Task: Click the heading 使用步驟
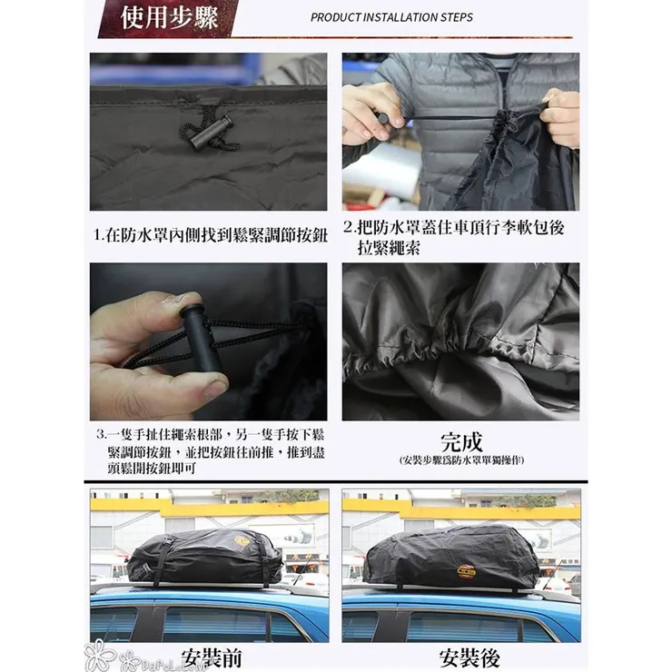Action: pos(170,17)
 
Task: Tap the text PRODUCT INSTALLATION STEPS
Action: pos(391,17)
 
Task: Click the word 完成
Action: pos(460,441)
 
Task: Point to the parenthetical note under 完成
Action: pos(461,460)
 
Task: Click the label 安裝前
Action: pos(210,656)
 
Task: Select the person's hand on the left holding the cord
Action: pos(370,110)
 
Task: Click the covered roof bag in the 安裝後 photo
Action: pos(452,557)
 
